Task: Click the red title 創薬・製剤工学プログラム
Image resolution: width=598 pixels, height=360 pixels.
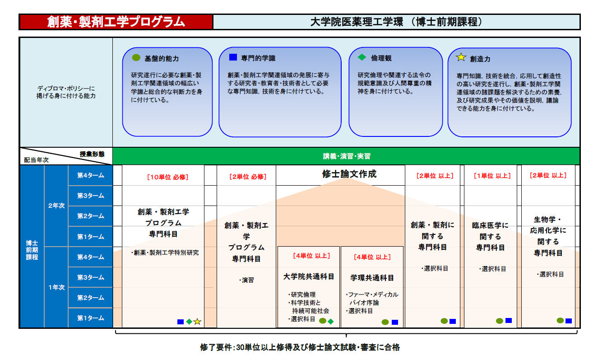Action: pyautogui.click(x=116, y=22)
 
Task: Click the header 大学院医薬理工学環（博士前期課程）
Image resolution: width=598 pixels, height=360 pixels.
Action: pyautogui.click(x=396, y=22)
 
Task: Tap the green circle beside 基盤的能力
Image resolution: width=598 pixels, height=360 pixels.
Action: pyautogui.click(x=136, y=57)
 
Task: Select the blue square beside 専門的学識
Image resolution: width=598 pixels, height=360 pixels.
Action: pyautogui.click(x=233, y=57)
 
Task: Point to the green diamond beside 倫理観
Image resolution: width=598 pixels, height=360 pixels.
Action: pyautogui.click(x=362, y=57)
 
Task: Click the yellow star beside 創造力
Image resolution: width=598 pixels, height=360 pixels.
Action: pyautogui.click(x=461, y=57)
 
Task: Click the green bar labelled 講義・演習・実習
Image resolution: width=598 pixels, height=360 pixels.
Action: pyautogui.click(x=346, y=156)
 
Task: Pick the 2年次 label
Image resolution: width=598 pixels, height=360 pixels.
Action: pyautogui.click(x=56, y=206)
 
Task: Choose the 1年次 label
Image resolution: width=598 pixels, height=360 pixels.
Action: pyautogui.click(x=56, y=287)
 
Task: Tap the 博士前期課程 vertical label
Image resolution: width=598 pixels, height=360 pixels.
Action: pyautogui.click(x=32, y=250)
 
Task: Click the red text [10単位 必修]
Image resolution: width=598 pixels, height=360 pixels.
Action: pyautogui.click(x=167, y=177)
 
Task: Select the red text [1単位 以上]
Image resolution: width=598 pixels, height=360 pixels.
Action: pyautogui.click(x=492, y=176)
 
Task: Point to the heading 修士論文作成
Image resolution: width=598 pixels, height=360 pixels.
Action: pyautogui.click(x=349, y=174)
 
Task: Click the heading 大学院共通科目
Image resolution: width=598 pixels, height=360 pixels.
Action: pyautogui.click(x=309, y=276)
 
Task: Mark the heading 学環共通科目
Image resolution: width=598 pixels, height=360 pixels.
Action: pyautogui.click(x=372, y=278)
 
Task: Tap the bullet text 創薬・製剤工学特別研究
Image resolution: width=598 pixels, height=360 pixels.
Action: pyautogui.click(x=165, y=252)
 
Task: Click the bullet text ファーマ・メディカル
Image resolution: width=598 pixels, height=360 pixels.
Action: pyautogui.click(x=372, y=295)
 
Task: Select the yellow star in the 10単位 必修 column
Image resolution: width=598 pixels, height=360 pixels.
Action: pyautogui.click(x=197, y=322)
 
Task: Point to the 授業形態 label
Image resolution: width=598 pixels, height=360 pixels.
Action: pyautogui.click(x=92, y=154)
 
